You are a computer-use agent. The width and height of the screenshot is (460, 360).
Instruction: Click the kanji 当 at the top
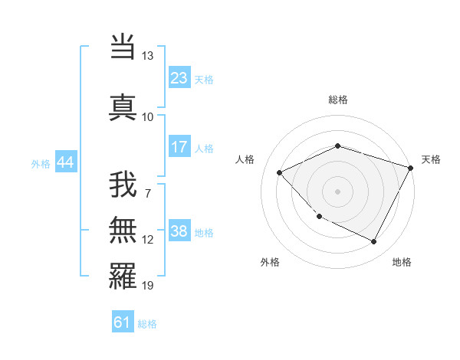point(123,48)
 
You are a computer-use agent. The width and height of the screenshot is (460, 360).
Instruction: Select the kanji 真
point(123,106)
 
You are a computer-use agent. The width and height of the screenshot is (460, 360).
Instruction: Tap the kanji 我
point(123,186)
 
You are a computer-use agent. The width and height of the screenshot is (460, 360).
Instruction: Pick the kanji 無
point(123,231)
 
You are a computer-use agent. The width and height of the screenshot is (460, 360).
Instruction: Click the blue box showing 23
point(179,78)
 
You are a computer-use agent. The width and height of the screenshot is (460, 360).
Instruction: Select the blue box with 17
point(179,147)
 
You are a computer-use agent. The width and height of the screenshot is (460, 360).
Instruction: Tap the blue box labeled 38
point(179,231)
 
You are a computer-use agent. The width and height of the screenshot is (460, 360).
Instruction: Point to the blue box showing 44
point(66,162)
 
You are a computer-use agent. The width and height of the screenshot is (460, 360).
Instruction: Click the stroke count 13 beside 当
point(147,56)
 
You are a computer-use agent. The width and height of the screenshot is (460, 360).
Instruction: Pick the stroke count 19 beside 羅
point(147,286)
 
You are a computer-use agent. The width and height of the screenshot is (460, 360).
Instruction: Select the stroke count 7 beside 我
point(147,192)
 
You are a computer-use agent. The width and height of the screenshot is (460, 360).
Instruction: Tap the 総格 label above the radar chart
point(338,100)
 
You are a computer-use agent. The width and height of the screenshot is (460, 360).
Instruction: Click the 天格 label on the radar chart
point(431,159)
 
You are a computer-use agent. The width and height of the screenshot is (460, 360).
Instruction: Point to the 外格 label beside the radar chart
point(269,262)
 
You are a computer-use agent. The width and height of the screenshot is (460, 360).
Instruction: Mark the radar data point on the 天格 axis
point(412,167)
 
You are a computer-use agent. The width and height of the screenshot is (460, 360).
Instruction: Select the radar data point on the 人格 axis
point(280,172)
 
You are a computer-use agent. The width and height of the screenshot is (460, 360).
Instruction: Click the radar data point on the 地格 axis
point(374,242)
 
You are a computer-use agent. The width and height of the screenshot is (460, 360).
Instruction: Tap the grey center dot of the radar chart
point(338,191)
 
